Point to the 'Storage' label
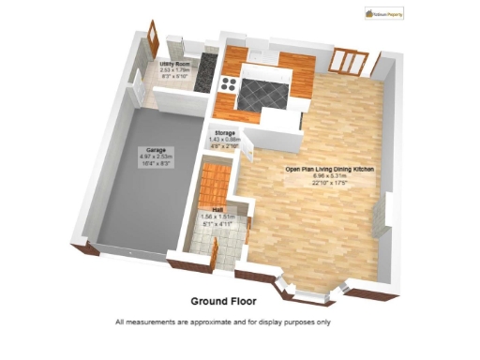[x=225, y=134]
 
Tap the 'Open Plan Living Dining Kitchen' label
[x=323, y=169]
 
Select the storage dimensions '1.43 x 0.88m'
[x=225, y=141]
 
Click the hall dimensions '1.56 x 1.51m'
[x=217, y=217]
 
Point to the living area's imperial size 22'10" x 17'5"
[x=323, y=182]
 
